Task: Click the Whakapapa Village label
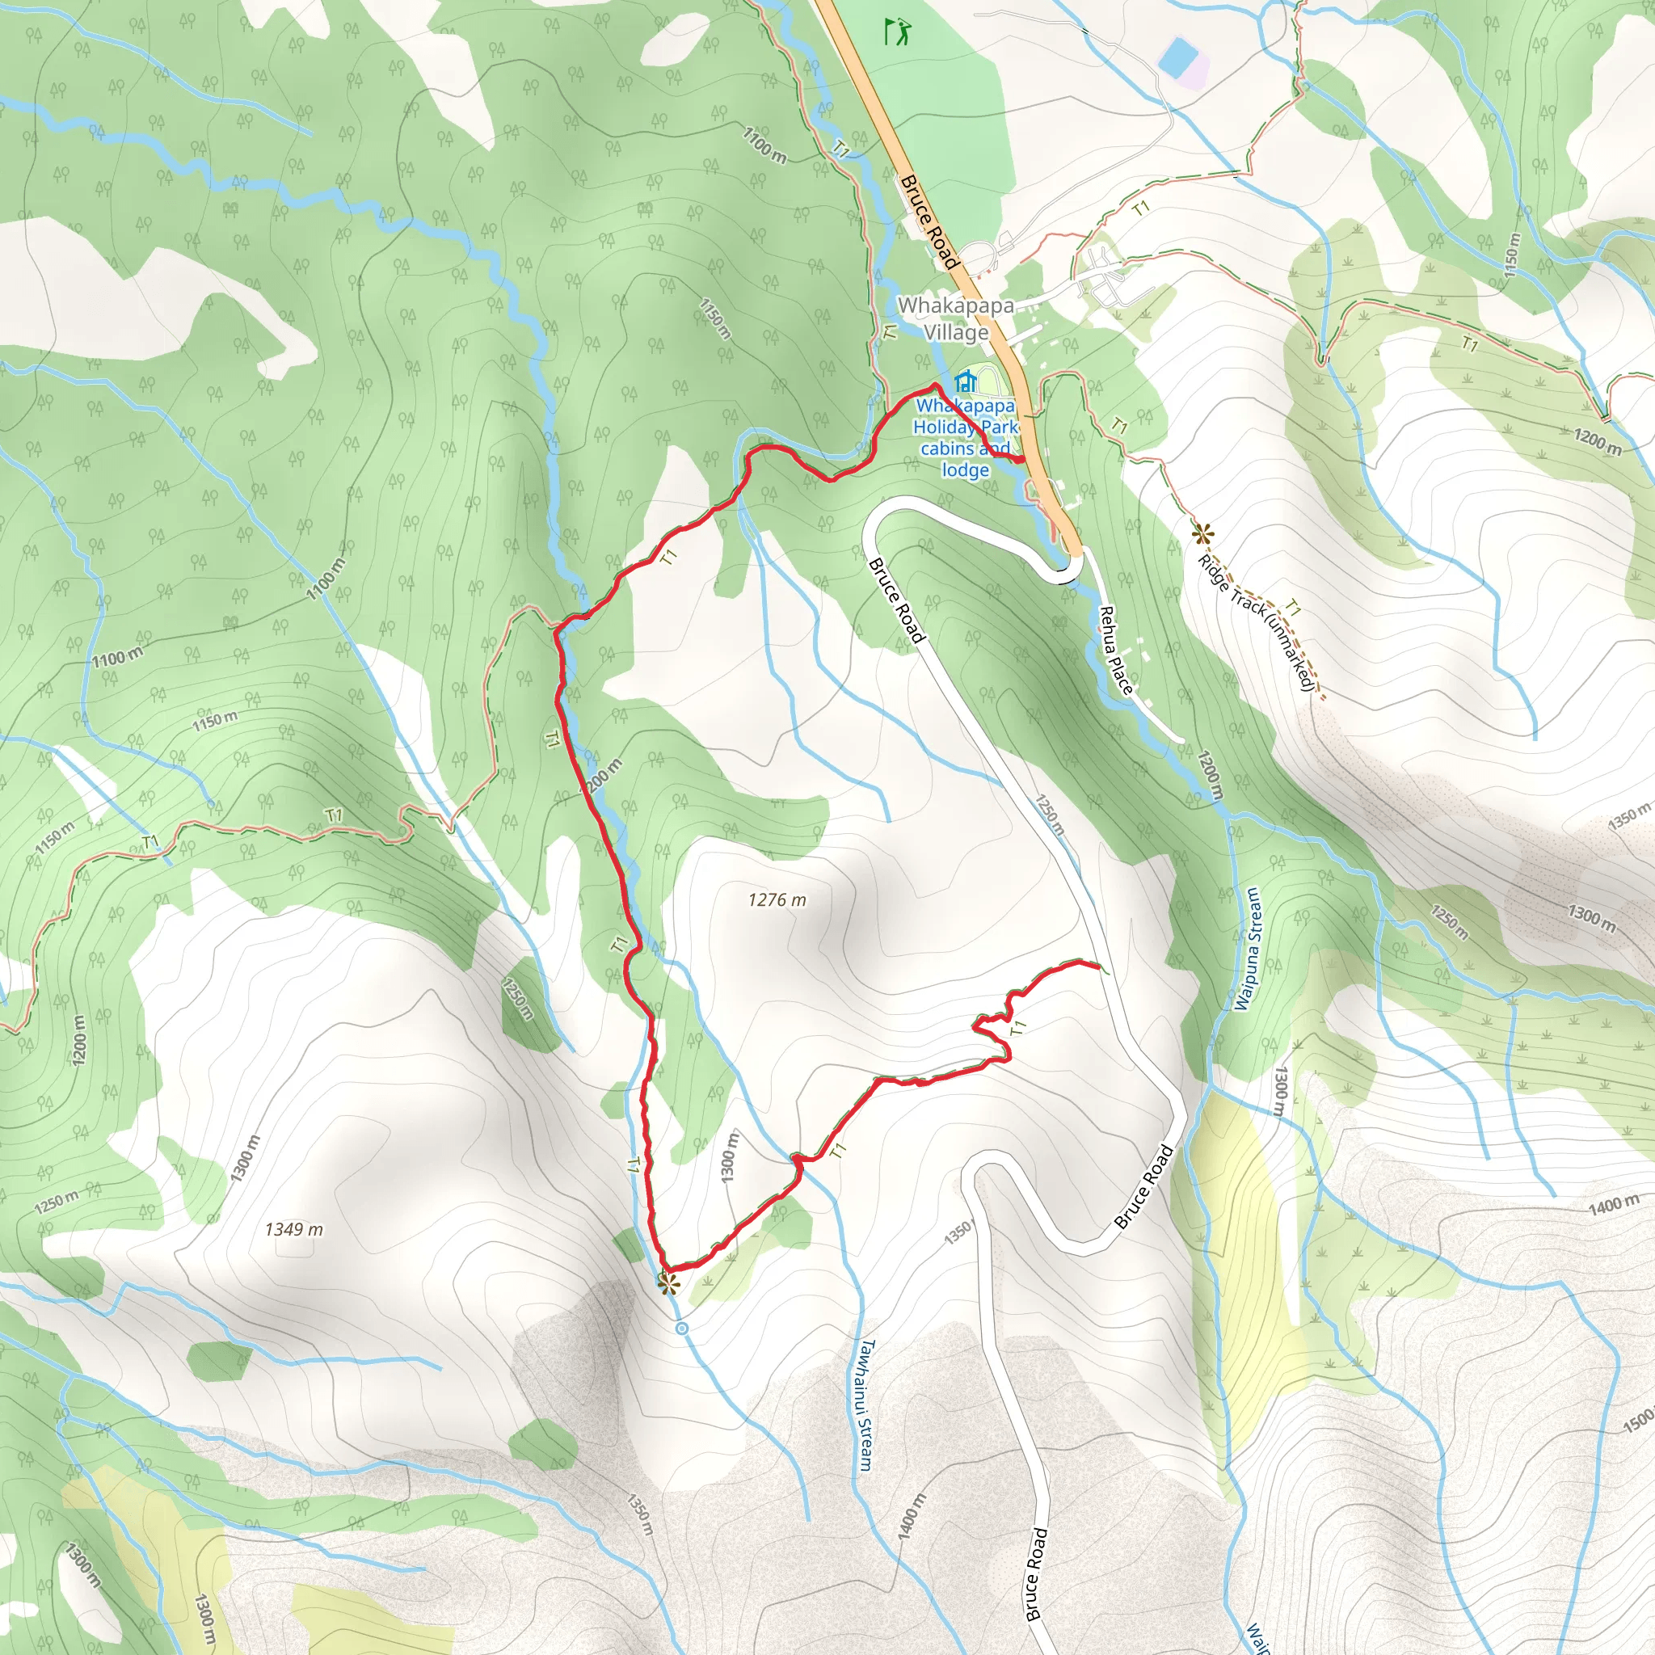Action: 955,318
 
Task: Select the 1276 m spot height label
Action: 776,899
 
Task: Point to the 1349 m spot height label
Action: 294,1229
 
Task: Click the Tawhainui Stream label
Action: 866,1404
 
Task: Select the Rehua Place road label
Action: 1117,651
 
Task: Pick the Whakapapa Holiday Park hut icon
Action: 966,381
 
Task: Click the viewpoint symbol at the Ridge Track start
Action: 1202,534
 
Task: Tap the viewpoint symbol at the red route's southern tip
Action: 667,1283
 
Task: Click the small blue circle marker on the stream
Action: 682,1329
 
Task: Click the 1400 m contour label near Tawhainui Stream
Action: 912,1517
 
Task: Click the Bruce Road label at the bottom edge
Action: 1036,1573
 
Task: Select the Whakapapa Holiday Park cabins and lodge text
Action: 966,438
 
